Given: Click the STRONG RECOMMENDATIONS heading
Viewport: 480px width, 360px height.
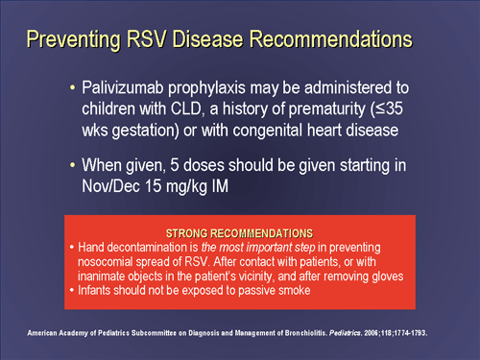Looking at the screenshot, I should coord(239,233).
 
